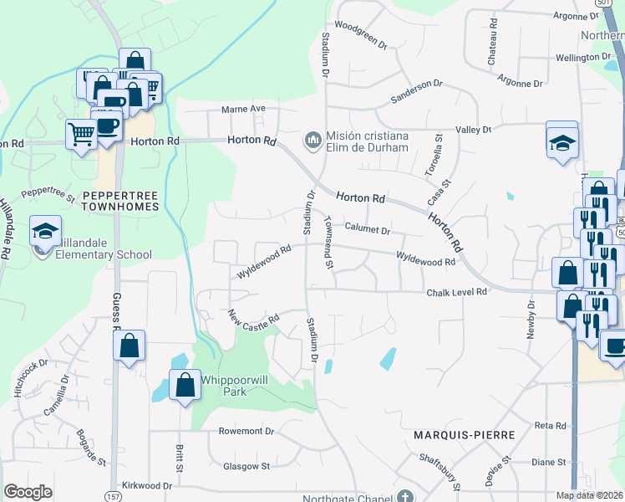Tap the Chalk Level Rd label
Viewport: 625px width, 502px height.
(x=456, y=292)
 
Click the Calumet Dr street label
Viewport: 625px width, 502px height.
(x=368, y=228)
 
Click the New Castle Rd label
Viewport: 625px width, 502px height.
(x=253, y=319)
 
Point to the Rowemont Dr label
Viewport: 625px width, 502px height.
(x=246, y=432)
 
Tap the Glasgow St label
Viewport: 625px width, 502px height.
(x=246, y=466)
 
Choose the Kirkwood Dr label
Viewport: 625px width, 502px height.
(x=146, y=485)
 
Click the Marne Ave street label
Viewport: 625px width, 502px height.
(x=242, y=109)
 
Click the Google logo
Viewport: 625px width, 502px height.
(x=28, y=492)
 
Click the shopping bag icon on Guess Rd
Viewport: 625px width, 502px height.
(x=130, y=345)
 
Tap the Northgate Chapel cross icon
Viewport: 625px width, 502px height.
(x=405, y=496)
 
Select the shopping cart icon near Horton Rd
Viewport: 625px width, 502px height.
(x=81, y=132)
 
